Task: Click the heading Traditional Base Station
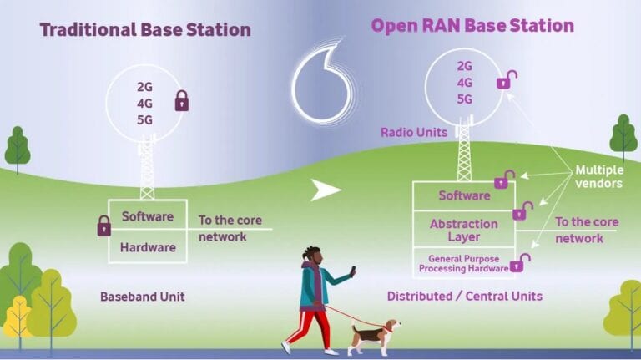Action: [x=145, y=30]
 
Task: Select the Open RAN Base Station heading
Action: [x=472, y=26]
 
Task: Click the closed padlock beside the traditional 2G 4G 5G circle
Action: [x=181, y=102]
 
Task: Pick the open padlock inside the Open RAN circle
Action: [x=506, y=80]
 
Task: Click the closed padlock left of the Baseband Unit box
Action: [x=103, y=226]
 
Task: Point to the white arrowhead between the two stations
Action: [x=326, y=190]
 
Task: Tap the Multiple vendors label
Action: [x=598, y=176]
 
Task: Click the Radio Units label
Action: [x=413, y=132]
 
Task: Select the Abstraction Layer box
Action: [x=463, y=230]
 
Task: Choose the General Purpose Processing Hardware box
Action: [x=463, y=263]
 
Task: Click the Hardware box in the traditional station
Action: [x=148, y=247]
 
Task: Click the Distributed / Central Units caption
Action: [x=465, y=296]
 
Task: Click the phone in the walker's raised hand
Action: [x=352, y=271]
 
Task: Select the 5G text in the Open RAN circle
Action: [x=465, y=99]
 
